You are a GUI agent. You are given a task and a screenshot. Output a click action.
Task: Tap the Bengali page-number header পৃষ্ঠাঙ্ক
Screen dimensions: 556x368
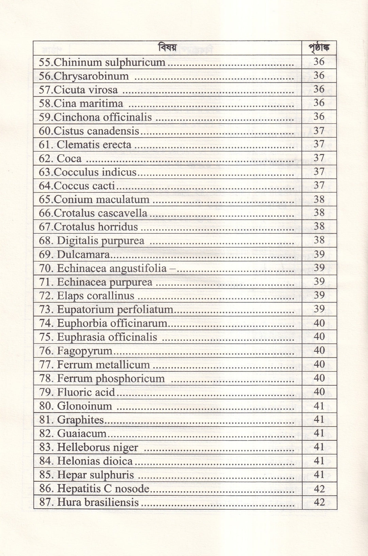(x=319, y=48)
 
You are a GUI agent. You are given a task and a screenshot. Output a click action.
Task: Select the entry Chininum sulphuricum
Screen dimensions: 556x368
(x=102, y=62)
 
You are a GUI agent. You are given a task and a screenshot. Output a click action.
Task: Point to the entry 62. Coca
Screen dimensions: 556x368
(x=60, y=158)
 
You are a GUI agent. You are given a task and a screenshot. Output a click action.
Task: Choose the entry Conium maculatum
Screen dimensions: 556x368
(x=94, y=200)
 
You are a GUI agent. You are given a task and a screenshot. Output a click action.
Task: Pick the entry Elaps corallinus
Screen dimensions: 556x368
(x=87, y=296)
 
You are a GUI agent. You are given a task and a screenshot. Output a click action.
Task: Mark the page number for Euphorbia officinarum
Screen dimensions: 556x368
(x=319, y=323)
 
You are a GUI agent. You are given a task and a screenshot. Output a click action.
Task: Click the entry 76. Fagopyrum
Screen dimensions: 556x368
(x=76, y=351)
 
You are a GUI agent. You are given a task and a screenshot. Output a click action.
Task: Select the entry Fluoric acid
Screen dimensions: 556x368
(x=77, y=392)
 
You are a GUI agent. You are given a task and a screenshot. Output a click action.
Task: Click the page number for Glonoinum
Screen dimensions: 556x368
(x=319, y=406)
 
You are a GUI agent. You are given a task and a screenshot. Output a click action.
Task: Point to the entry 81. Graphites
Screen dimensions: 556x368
(x=72, y=420)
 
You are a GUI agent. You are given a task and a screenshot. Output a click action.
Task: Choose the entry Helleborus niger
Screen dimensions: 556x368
(x=89, y=447)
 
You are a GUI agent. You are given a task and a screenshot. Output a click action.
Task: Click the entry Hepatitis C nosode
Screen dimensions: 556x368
(x=94, y=489)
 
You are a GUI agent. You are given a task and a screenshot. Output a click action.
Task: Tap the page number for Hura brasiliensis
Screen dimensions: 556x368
(x=319, y=503)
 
